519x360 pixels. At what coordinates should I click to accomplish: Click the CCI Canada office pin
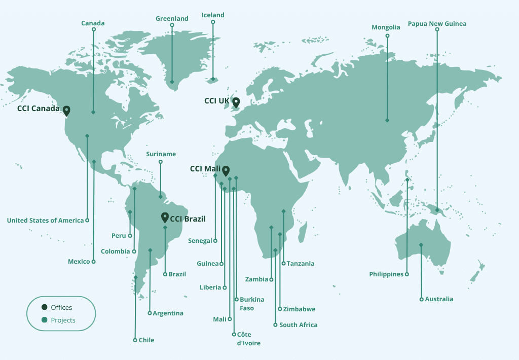tap(66, 110)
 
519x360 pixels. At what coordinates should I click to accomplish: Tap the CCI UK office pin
tap(236, 102)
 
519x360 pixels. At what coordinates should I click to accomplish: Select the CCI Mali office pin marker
tap(226, 170)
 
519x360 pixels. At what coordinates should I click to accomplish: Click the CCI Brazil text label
tap(188, 219)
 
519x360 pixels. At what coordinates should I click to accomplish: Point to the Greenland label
tap(172, 19)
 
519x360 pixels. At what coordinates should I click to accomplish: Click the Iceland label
tap(213, 15)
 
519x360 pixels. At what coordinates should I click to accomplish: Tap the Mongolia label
tap(386, 27)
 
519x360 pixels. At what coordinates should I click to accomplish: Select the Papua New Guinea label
tap(437, 24)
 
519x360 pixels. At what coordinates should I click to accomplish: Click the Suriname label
tap(161, 154)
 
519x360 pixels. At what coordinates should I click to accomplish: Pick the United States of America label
tap(45, 221)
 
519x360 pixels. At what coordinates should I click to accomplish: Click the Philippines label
tap(386, 274)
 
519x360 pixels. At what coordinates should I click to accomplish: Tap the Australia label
tap(439, 299)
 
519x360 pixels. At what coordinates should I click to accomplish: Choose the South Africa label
tap(298, 325)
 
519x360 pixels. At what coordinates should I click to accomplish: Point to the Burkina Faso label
tap(252, 304)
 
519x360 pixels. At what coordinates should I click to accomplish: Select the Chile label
tap(146, 340)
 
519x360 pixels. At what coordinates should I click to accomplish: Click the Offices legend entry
tap(61, 308)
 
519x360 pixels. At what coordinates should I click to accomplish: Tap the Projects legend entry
tap(63, 320)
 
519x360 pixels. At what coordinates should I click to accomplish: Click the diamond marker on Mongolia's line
tap(387, 121)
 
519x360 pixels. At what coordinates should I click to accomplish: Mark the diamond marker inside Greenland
tap(172, 82)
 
